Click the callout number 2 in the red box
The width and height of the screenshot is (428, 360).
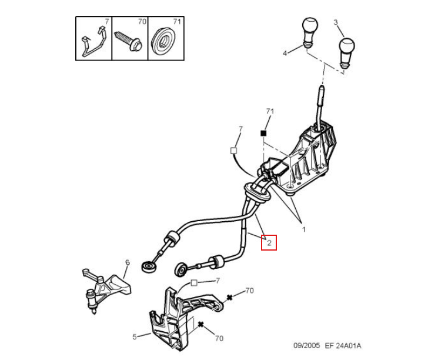point(269,242)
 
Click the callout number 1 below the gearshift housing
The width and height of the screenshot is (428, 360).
point(304,229)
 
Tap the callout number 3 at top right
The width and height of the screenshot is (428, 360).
point(336,22)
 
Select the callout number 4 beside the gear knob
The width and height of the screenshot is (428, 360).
point(285,53)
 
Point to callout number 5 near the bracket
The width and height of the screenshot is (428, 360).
point(134,336)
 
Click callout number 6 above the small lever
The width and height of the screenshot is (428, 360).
point(127,262)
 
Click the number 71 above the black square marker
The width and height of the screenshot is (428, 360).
point(270,111)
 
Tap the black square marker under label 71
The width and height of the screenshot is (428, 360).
point(265,134)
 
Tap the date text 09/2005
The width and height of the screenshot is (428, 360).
point(307,345)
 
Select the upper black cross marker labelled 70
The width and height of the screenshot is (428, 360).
point(230,298)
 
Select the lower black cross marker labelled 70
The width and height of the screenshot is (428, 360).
point(201,324)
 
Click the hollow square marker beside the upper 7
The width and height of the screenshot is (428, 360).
point(233,151)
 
